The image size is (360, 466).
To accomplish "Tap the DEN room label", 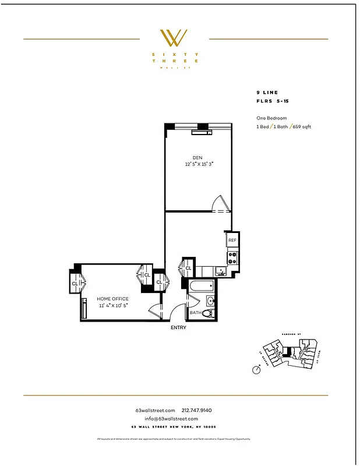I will [x=197, y=157].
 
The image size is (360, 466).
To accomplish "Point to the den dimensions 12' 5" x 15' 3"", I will [x=197, y=165].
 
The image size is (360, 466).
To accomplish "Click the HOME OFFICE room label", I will [x=112, y=299].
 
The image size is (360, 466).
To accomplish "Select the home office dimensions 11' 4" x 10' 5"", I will [x=112, y=305].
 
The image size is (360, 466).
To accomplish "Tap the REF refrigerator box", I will [x=232, y=240].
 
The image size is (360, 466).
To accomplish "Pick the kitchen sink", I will [x=220, y=271].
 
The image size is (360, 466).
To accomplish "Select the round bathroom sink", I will [x=210, y=301].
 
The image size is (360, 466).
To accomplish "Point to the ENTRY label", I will [x=178, y=327].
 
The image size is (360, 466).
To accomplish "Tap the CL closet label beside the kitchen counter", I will [x=188, y=268].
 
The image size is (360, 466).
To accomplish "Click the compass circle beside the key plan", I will [x=256, y=369].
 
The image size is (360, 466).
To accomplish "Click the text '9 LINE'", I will [x=267, y=93].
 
